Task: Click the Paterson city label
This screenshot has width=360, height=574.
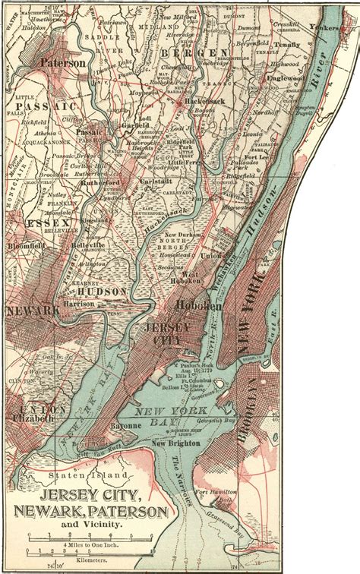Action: (63, 64)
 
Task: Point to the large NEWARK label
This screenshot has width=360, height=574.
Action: (33, 311)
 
